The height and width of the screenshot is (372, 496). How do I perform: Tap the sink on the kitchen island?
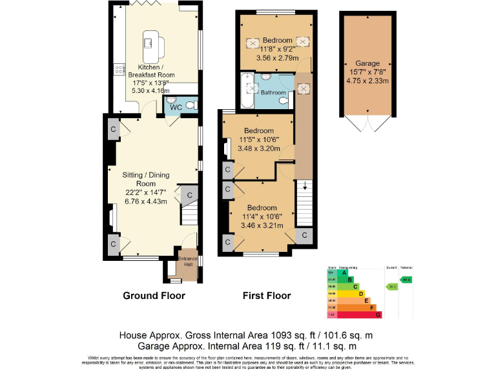pyautogui.click(x=149, y=43)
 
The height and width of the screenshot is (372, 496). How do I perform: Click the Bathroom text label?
pyautogui.click(x=273, y=93)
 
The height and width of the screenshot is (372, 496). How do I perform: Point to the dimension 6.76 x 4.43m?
pyautogui.click(x=146, y=201)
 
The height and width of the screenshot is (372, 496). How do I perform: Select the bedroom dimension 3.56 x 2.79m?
pyautogui.click(x=277, y=58)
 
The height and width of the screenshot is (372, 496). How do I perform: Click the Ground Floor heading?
pyautogui.click(x=154, y=296)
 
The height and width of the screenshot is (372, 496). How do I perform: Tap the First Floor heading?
pyautogui.click(x=266, y=296)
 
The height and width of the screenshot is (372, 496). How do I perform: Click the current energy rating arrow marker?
pyautogui.click(x=391, y=286)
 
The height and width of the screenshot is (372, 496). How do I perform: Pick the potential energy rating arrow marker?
pyautogui.click(x=407, y=280)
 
